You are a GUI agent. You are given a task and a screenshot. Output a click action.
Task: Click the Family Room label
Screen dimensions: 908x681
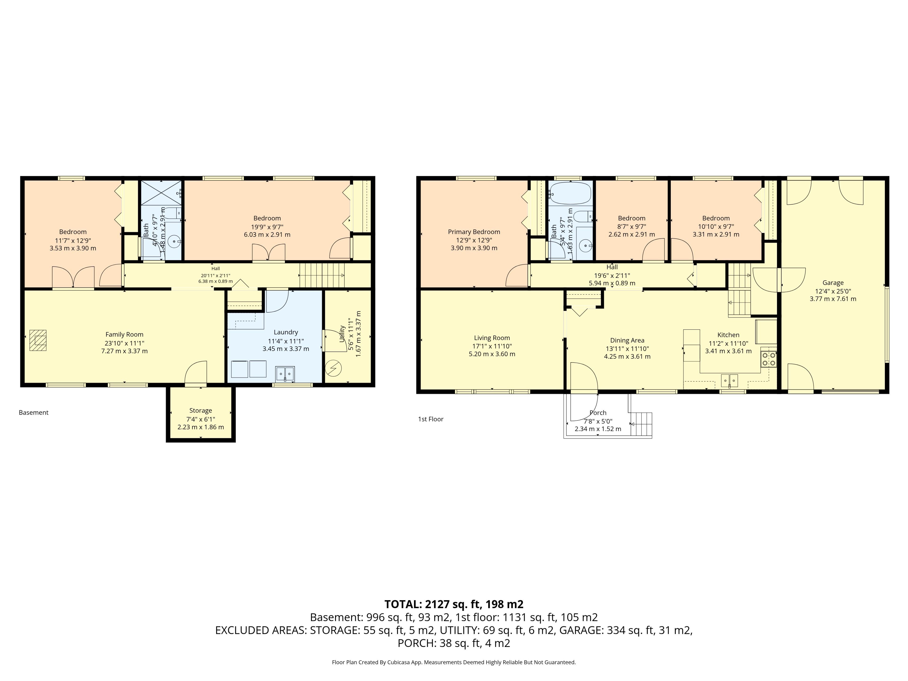124,335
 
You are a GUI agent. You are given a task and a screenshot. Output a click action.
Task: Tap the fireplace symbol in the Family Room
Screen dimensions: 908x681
38,340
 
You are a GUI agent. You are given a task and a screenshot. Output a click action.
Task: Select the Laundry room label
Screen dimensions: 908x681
286,332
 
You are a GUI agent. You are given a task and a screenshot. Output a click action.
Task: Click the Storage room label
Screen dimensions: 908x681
201,410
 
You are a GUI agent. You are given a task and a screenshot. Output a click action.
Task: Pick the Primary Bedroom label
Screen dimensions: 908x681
474,232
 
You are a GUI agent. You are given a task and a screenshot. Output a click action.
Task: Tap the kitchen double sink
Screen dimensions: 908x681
729,380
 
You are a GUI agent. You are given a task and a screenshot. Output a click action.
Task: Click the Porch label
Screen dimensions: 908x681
598,413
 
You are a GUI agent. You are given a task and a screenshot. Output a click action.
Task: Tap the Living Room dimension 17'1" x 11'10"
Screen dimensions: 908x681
492,346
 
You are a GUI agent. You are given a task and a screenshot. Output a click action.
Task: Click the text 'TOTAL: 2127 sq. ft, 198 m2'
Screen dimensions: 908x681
454,604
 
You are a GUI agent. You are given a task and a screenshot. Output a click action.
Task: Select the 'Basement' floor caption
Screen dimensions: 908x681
34,413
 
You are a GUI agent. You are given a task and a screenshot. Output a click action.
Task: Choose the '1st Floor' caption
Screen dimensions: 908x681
431,419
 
